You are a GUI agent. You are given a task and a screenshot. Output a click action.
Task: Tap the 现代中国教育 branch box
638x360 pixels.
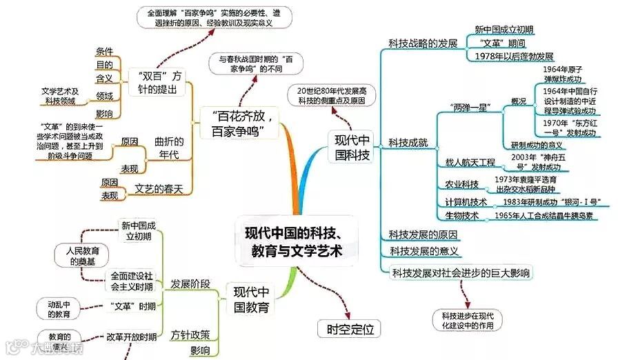(251, 299)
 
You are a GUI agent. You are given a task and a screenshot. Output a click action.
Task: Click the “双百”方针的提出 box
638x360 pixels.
(159, 82)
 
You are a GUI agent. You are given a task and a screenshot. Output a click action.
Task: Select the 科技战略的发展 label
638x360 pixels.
(423, 43)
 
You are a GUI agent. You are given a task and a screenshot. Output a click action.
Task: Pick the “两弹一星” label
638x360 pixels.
(470, 108)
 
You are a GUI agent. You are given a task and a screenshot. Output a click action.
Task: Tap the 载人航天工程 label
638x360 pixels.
(470, 163)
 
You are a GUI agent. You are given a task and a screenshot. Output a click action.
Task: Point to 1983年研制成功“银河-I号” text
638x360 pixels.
(551, 202)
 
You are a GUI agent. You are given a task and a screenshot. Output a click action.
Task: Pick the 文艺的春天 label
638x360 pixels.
(159, 189)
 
